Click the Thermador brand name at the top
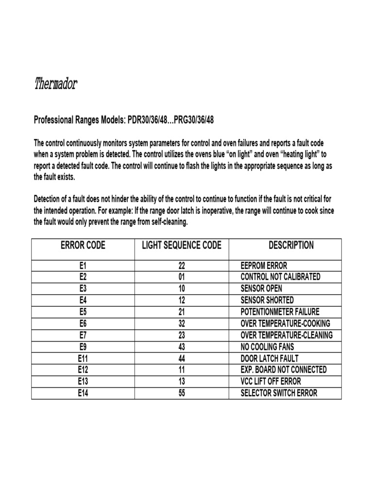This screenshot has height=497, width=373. (x=56, y=85)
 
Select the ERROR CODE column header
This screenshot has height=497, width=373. (x=83, y=246)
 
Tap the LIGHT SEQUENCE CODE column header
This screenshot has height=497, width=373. (x=182, y=246)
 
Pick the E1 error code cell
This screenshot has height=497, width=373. (x=83, y=265)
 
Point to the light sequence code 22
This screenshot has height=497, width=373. (x=182, y=265)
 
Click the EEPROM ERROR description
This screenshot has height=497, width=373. (x=264, y=265)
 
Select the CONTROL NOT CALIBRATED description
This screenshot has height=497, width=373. (x=280, y=277)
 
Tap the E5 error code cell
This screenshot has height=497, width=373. (x=83, y=312)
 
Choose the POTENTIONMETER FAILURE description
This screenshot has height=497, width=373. (x=280, y=312)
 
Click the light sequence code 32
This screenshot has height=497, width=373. (x=182, y=323)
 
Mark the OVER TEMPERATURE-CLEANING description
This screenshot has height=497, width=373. (x=287, y=335)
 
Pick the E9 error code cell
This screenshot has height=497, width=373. (x=83, y=347)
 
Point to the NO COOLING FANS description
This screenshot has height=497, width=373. (x=267, y=347)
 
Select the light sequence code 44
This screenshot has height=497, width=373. (x=182, y=358)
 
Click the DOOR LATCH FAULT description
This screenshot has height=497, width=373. (x=270, y=358)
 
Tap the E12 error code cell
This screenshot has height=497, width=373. (x=83, y=370)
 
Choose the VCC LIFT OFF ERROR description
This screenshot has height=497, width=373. (x=271, y=381)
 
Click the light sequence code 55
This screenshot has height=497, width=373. (x=182, y=393)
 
